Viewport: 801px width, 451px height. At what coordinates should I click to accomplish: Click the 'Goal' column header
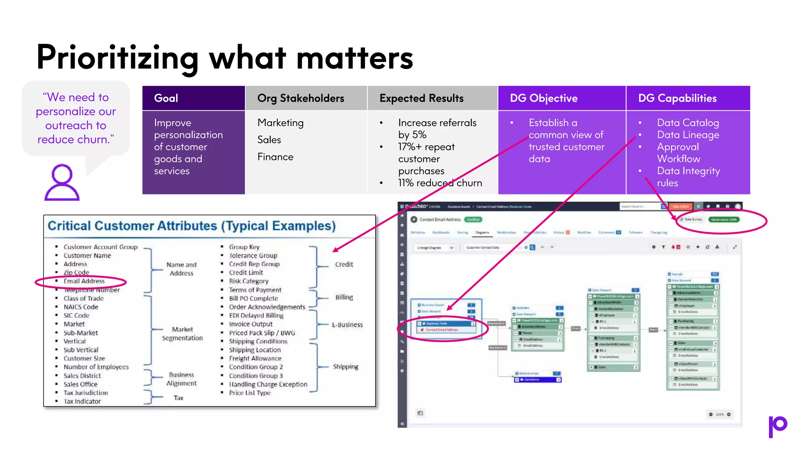pos(166,98)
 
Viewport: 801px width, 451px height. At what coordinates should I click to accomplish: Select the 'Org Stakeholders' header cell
pos(300,98)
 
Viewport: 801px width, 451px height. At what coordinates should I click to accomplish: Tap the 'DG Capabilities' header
pos(677,98)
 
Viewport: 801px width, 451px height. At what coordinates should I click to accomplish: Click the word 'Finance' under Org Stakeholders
pos(275,157)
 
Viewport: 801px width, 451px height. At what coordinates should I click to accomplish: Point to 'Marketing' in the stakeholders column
pos(280,123)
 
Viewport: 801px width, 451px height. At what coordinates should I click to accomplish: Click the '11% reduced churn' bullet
pos(440,183)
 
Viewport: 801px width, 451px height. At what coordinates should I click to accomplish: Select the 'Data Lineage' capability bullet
pos(688,135)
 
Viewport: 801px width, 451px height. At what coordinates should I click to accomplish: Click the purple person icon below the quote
pos(62,182)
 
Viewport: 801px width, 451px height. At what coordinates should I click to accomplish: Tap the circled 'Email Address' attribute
pos(84,281)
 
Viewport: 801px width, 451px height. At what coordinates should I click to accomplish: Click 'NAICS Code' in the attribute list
pos(81,307)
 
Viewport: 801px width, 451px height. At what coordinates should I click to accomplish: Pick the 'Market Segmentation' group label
pos(182,334)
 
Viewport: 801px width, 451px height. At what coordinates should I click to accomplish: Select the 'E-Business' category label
pos(347,325)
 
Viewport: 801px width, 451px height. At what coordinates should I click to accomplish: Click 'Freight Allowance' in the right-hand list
pos(255,358)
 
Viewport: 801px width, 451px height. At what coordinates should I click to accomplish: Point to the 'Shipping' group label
pos(345,366)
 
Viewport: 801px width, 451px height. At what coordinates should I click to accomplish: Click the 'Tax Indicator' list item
pos(82,401)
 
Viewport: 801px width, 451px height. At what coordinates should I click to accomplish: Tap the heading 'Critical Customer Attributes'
pos(192,226)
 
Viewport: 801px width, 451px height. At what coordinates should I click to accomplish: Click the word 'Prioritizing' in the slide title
pos(117,58)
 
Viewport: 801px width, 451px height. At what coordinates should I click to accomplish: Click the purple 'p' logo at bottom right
pos(778,426)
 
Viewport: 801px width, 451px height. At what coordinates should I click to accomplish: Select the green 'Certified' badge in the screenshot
pos(473,220)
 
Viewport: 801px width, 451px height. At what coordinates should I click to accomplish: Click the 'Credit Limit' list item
pos(246,272)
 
